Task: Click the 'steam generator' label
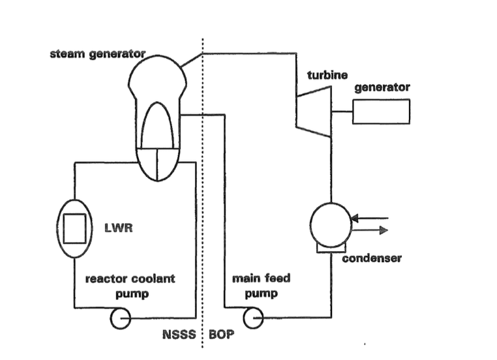tap(98, 53)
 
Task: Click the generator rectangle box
tap(381, 111)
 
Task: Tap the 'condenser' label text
tap(372, 258)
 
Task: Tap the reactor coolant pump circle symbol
tap(121, 318)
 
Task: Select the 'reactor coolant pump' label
tap(130, 286)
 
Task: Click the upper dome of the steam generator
tap(157, 72)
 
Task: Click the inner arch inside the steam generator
tap(157, 127)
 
